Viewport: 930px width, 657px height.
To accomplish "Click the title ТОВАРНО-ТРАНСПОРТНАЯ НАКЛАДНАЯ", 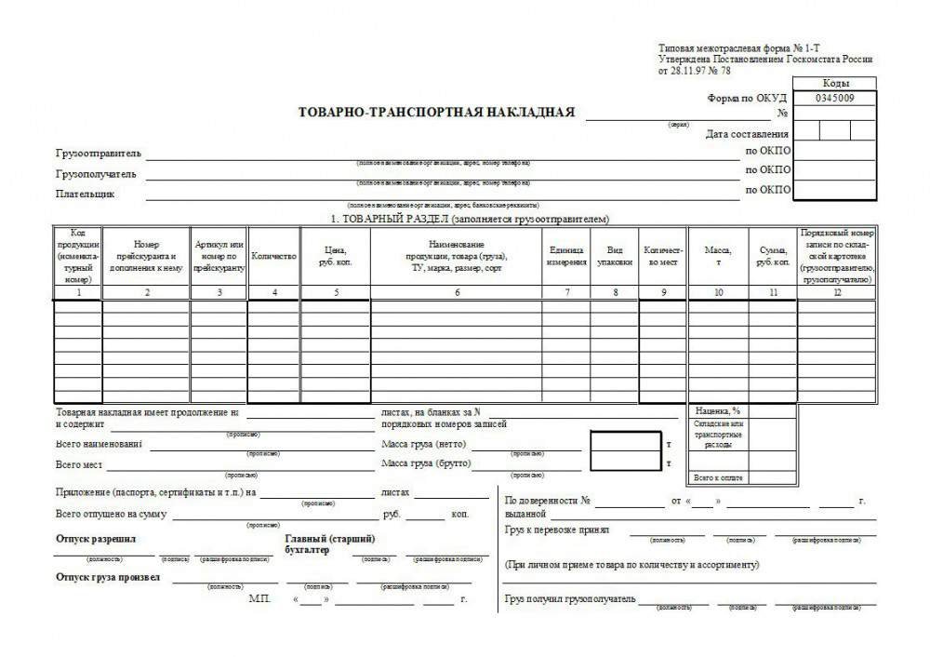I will [x=436, y=113].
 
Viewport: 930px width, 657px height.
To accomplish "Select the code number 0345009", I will [x=834, y=98].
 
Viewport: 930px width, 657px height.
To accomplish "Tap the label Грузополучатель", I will [x=96, y=174].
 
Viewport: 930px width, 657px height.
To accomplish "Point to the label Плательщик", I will [x=85, y=194].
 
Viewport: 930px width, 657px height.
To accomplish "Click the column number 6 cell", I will [x=457, y=292].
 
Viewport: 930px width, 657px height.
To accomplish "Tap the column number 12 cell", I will [x=836, y=292].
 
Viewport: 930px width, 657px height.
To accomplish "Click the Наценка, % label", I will [x=717, y=410].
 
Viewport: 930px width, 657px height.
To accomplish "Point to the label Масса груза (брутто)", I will [x=427, y=463].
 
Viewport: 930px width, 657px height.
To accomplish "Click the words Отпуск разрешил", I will [x=96, y=539].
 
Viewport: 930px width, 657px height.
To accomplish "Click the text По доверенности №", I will [x=549, y=501].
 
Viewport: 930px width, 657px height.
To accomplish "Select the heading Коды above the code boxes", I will [x=835, y=83].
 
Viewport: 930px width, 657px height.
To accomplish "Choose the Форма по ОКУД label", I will [x=747, y=99].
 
